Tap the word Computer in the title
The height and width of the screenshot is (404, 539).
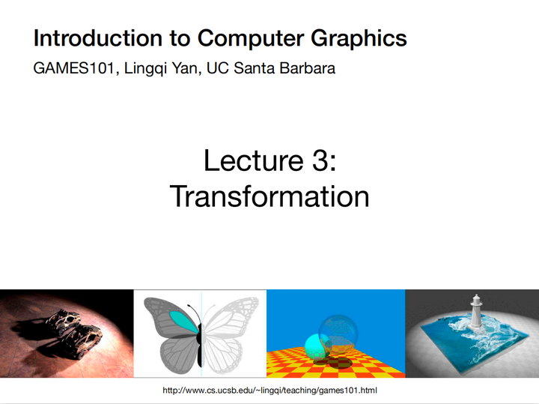point(247,38)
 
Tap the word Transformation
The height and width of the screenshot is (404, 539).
point(269,196)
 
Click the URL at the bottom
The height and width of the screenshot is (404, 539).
point(269,391)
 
